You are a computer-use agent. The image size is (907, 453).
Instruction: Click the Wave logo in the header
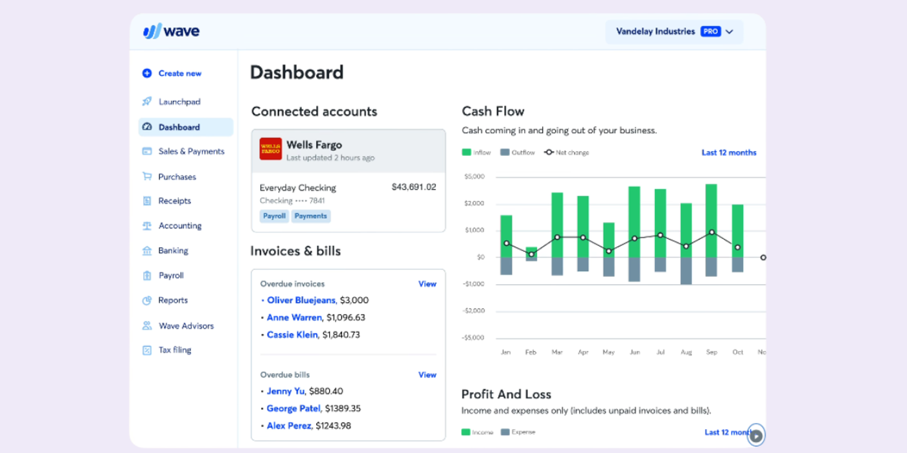171,31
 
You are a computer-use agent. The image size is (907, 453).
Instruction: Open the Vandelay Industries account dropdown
674,32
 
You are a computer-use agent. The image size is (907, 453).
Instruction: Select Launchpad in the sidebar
179,102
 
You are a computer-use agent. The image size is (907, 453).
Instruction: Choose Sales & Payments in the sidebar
191,151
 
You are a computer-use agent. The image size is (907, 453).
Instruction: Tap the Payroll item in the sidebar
171,276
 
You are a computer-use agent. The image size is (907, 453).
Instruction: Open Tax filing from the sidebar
174,350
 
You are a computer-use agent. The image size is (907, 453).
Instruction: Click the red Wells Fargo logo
271,149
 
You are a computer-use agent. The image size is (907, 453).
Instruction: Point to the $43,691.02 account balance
413,188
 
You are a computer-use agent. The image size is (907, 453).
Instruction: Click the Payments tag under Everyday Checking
310,216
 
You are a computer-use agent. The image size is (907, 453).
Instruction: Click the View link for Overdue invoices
427,284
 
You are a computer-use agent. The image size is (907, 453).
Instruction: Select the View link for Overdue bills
427,375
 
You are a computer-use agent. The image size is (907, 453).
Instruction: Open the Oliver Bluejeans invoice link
301,300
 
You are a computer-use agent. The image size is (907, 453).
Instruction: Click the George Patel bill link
293,409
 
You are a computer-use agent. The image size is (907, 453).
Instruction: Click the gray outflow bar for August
686,271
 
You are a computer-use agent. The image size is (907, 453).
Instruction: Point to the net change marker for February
531,254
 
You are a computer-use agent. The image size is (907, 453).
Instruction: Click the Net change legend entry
567,153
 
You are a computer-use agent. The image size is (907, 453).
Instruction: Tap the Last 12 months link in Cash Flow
729,153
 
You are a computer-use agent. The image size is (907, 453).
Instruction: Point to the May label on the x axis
608,353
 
